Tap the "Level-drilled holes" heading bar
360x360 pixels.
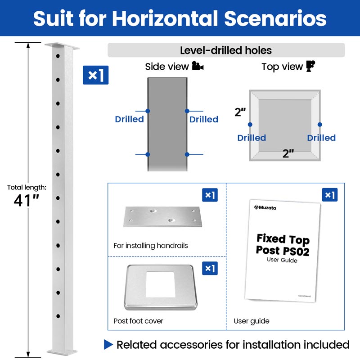pyautogui.click(x=226, y=50)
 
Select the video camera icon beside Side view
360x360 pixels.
pyautogui.click(x=198, y=67)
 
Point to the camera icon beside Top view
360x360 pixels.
pyautogui.click(x=310, y=67)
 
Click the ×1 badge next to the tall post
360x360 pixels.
pyautogui.click(x=95, y=75)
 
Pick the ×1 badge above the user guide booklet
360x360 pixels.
pyautogui.click(x=329, y=195)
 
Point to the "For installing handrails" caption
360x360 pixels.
pyautogui.click(x=151, y=246)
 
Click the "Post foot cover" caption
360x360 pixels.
pyautogui.click(x=138, y=321)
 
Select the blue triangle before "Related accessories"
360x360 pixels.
pyautogui.click(x=108, y=345)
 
